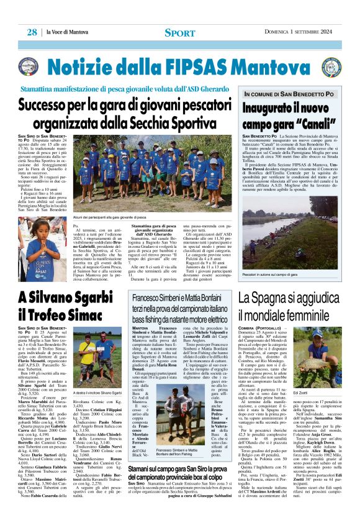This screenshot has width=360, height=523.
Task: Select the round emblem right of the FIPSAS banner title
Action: coord(331,66)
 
